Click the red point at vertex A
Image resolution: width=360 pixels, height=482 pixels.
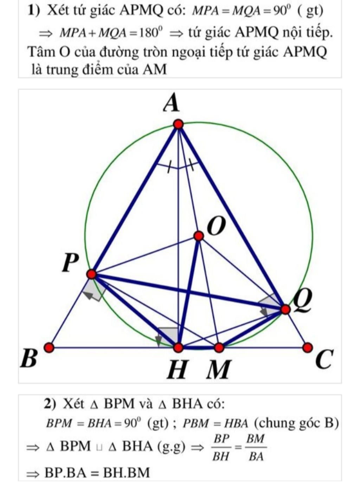[x=179, y=124]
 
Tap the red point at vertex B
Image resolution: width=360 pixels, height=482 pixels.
[x=49, y=348]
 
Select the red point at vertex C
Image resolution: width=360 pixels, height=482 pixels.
[x=308, y=348]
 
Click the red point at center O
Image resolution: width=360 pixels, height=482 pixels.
[x=199, y=236]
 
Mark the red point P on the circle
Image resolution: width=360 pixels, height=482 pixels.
[x=91, y=274]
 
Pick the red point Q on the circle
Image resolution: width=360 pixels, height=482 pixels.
[x=285, y=310]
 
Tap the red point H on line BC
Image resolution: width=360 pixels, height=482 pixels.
[x=179, y=348]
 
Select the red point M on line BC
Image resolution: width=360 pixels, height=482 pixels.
[x=219, y=348]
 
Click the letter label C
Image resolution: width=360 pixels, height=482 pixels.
[x=324, y=360]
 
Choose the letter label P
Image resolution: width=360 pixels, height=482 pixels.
[x=70, y=263]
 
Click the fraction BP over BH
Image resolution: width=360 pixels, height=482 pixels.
[x=221, y=448]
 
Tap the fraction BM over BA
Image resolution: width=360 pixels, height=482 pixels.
[x=256, y=448]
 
